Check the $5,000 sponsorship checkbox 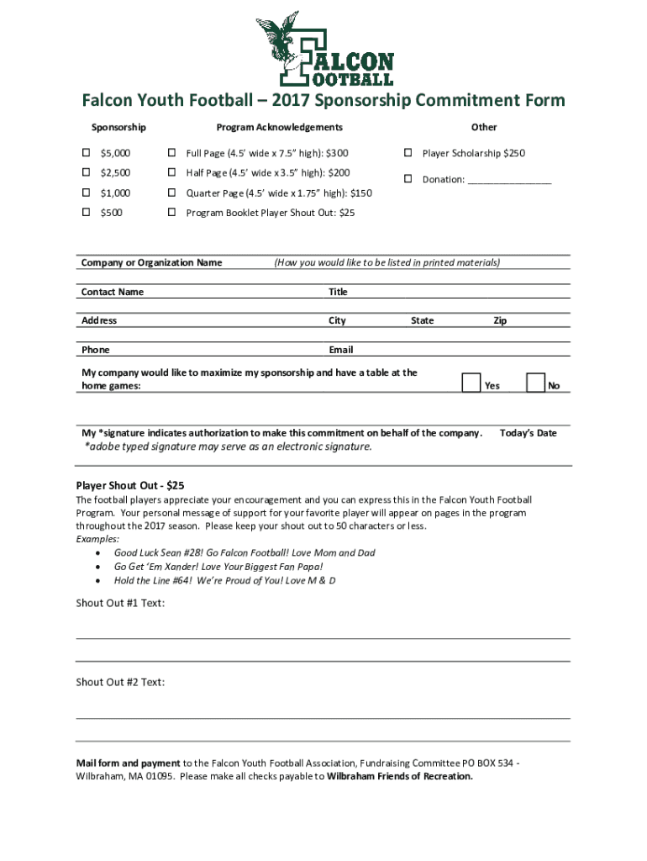(86, 153)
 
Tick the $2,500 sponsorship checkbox (86, 172)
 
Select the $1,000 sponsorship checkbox (86, 193)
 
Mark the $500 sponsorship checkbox (86, 213)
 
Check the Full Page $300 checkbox (171, 153)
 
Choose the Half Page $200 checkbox (171, 172)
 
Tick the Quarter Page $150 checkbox (171, 193)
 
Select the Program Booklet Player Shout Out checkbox (171, 213)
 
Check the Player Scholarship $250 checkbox (408, 153)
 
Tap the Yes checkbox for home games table (472, 383)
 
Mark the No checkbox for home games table (535, 383)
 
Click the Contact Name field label (113, 292)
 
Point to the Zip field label (500, 320)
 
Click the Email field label (341, 350)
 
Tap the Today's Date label (528, 433)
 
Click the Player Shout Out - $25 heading (130, 485)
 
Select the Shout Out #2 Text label (120, 682)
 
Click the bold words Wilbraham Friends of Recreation (400, 776)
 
